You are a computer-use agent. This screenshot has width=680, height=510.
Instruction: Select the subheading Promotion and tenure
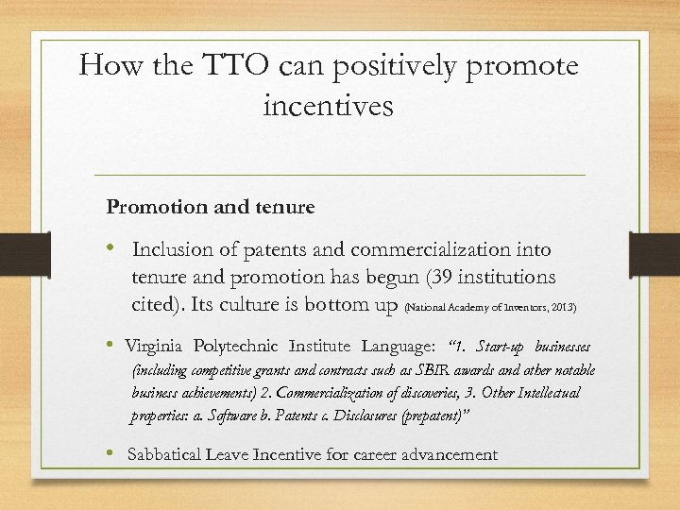tap(210, 206)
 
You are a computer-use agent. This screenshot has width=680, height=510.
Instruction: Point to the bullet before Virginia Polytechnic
tap(112, 345)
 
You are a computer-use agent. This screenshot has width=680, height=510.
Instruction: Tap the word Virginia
tap(156, 346)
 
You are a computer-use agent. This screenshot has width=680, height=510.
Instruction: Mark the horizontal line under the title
tap(340, 176)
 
